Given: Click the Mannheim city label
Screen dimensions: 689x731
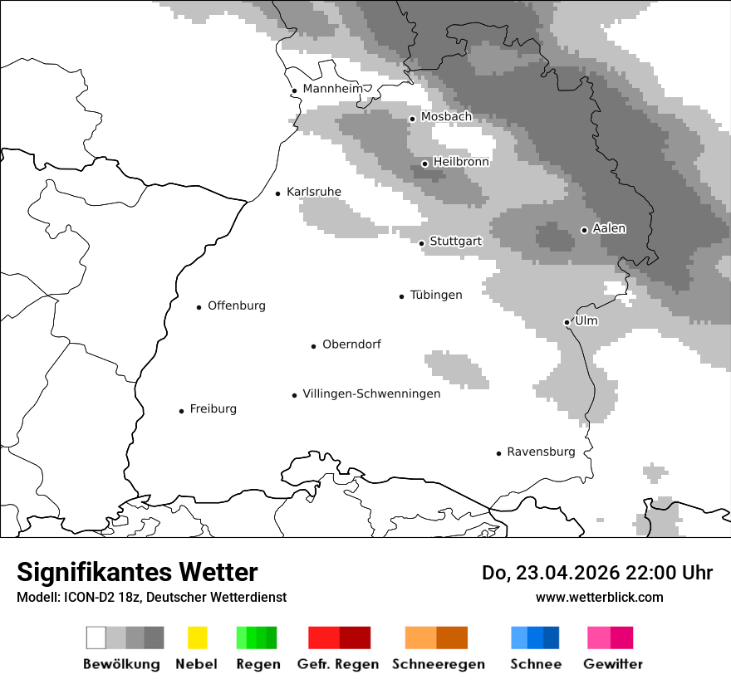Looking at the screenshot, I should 332,89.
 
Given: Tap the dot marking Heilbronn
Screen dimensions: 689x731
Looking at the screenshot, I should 424,164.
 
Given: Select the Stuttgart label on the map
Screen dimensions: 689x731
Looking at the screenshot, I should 455,242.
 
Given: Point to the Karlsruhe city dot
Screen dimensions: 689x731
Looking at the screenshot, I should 278,193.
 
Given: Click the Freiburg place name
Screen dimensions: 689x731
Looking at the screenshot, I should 213,409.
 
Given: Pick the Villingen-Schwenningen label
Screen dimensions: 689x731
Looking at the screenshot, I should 371,394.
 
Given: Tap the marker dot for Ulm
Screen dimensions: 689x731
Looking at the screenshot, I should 567,322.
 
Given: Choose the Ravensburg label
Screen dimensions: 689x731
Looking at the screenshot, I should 541,452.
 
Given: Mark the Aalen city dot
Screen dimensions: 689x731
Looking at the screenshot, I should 584,230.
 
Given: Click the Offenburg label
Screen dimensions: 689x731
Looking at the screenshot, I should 237,306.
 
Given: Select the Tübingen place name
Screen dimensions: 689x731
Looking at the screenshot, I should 436,296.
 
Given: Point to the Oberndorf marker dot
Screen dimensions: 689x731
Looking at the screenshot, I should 313,346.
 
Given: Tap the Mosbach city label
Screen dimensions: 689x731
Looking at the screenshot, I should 446,117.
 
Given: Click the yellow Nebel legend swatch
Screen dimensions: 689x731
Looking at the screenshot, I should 197,638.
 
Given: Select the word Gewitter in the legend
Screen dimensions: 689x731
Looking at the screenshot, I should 612,664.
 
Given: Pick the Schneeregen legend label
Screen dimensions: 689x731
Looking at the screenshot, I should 439,664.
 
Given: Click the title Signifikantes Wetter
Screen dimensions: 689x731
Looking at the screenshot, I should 137,573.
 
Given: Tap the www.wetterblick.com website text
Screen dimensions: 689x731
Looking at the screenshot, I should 599,598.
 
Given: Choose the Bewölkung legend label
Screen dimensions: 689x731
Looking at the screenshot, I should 121,664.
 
